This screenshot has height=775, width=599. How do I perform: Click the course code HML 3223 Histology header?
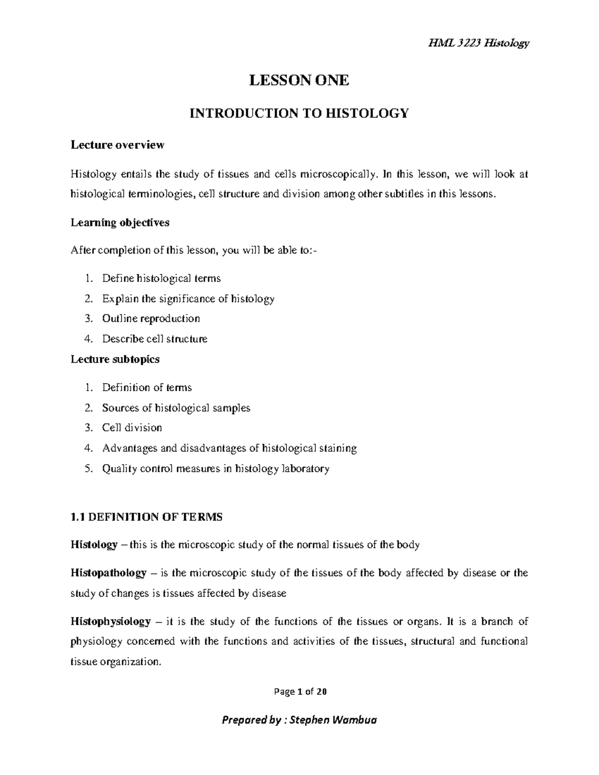pos(478,43)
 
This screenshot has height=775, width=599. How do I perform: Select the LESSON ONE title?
pos(299,80)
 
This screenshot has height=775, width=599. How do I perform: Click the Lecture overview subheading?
pos(117,145)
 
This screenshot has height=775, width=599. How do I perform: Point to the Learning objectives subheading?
pos(120,223)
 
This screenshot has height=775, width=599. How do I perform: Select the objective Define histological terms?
pos(161,278)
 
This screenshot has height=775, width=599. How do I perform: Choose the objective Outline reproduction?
pos(151,318)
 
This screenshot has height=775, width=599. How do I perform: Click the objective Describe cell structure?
pos(155,339)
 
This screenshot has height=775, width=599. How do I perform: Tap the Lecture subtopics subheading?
pos(115,359)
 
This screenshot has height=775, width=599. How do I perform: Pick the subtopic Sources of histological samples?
pos(176,408)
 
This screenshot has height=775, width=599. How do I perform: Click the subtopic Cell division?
pos(132,428)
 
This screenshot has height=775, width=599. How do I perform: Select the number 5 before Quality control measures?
pos(88,469)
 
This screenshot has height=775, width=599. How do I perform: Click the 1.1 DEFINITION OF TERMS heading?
pos(146,517)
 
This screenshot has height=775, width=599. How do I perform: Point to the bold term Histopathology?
pos(108,573)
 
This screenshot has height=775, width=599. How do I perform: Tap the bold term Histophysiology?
pos(110,622)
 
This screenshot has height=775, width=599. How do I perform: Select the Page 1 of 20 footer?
pos(299,692)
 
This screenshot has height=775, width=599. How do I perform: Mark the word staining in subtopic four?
pos(339,448)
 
